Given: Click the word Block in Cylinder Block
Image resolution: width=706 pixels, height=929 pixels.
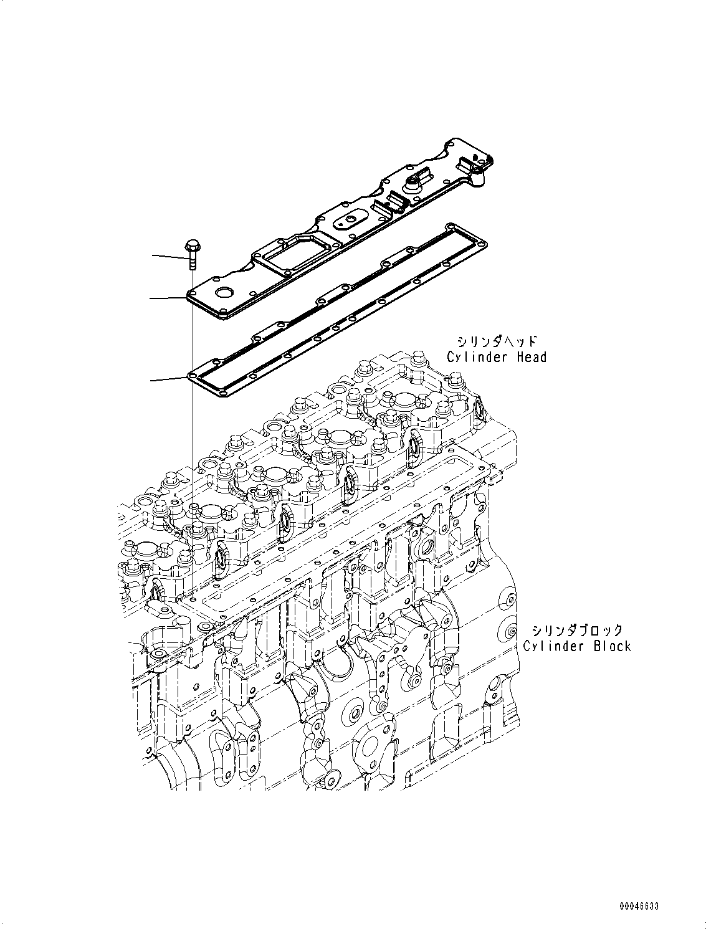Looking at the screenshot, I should [611, 646].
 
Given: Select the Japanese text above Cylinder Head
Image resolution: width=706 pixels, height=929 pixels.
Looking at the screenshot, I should [497, 341].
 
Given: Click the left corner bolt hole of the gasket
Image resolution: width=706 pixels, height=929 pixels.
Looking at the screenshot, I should [192, 377].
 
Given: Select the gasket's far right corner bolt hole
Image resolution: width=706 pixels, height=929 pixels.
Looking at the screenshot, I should [480, 238].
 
